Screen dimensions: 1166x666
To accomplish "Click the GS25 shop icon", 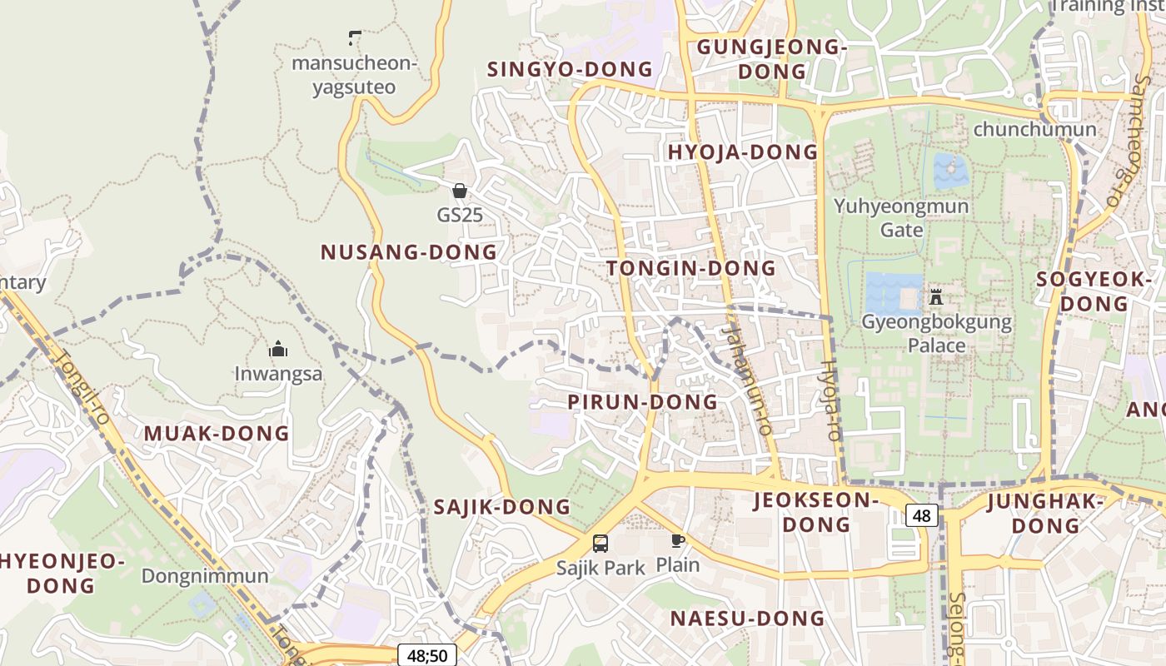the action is coord(459,191).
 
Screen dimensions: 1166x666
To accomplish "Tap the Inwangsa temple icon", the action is coord(278,349).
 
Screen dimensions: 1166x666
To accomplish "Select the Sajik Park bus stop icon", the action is coord(600,544).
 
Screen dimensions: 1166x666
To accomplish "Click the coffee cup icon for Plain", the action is coord(678,540).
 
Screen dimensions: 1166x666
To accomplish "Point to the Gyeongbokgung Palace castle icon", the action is coord(936,296).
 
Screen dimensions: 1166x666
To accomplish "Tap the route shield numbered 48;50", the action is coord(427,655).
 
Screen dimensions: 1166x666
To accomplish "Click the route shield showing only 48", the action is coord(921,516).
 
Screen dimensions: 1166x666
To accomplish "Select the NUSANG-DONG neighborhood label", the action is coord(409,252).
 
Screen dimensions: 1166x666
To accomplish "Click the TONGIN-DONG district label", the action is coord(691,269).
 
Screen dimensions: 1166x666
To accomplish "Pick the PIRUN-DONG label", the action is coord(642,402).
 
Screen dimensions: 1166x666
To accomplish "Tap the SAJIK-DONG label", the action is coord(502,507).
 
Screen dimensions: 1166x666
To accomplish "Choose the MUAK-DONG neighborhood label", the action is coord(217,434).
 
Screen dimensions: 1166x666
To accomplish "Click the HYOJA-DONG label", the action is coord(743,152).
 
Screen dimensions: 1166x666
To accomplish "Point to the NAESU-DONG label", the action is coord(747,619).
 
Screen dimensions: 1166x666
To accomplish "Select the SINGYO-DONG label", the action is coord(570,69).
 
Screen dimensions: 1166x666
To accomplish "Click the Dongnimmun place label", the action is coord(205,576).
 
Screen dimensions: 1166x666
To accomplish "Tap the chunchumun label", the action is coord(1034,130).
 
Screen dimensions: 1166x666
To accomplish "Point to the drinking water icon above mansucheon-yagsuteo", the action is coord(354,37).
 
